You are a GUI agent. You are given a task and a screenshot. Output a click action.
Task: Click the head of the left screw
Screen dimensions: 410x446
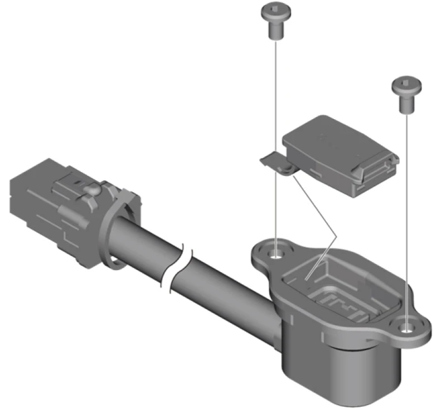[x=275, y=10]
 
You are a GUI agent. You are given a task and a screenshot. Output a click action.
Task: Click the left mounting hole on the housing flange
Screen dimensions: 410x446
[x=275, y=256]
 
